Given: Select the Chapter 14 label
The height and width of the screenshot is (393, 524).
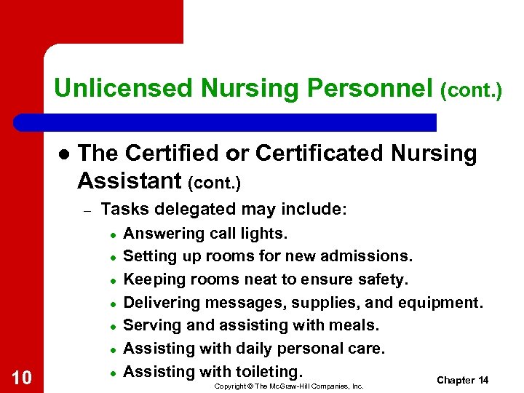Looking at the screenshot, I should (x=462, y=381).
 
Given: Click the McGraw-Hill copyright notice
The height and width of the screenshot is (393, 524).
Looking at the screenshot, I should (x=289, y=386).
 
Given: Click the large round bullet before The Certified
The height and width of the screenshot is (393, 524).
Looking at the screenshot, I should (x=63, y=154).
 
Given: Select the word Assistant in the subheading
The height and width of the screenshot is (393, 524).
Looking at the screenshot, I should (x=128, y=179).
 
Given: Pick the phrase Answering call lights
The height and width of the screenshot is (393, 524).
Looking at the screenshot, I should (x=205, y=234).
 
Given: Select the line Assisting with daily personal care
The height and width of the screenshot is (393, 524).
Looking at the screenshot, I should (x=253, y=349).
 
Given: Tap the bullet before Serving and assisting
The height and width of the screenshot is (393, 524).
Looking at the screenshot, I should (x=113, y=326).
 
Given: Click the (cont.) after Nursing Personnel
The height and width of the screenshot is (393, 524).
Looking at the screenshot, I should (x=471, y=90).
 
